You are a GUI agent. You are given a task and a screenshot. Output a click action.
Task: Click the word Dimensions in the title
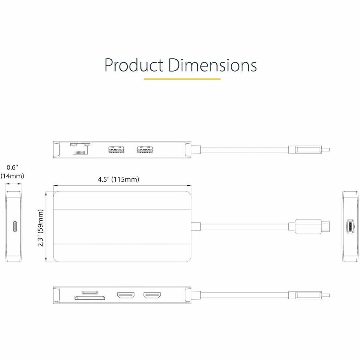point(212,65)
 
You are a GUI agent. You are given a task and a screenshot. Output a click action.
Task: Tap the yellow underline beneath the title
point(182,79)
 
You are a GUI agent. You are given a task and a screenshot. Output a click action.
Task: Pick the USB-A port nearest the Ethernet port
point(115,150)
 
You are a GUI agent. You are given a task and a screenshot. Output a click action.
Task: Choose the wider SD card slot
point(90,298)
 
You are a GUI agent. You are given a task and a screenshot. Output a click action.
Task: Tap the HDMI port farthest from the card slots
point(152,296)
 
